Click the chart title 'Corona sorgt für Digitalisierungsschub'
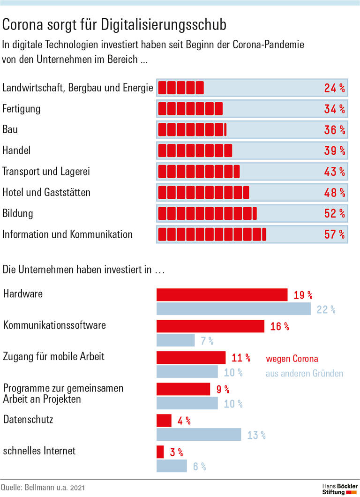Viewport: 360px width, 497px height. pyautogui.click(x=114, y=24)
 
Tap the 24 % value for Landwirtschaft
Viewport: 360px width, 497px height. pyautogui.click(x=334, y=88)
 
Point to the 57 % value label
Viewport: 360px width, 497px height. pyautogui.click(x=334, y=234)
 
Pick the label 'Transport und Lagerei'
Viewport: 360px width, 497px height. pyautogui.click(x=46, y=172)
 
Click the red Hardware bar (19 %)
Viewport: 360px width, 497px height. pyautogui.click(x=222, y=295)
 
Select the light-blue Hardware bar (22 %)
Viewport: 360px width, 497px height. pyautogui.click(x=233, y=309)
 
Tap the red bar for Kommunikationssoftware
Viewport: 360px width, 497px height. pyautogui.click(x=210, y=326)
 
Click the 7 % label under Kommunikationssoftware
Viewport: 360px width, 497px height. pyautogui.click(x=207, y=341)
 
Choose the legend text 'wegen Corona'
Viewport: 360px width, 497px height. pyautogui.click(x=292, y=359)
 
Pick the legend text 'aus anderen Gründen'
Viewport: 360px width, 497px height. pyautogui.click(x=304, y=373)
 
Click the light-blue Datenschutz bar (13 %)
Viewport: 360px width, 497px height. pyautogui.click(x=198, y=435)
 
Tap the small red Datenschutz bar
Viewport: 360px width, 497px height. pyautogui.click(x=164, y=420)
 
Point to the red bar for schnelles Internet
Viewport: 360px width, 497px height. pyautogui.click(x=160, y=452)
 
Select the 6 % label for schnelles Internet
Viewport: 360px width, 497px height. pyautogui.click(x=199, y=467)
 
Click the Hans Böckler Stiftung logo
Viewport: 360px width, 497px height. pyautogui.click(x=339, y=488)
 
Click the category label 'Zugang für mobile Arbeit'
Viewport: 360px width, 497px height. pyautogui.click(x=54, y=356)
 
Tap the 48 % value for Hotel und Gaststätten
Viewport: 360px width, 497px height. pyautogui.click(x=334, y=193)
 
